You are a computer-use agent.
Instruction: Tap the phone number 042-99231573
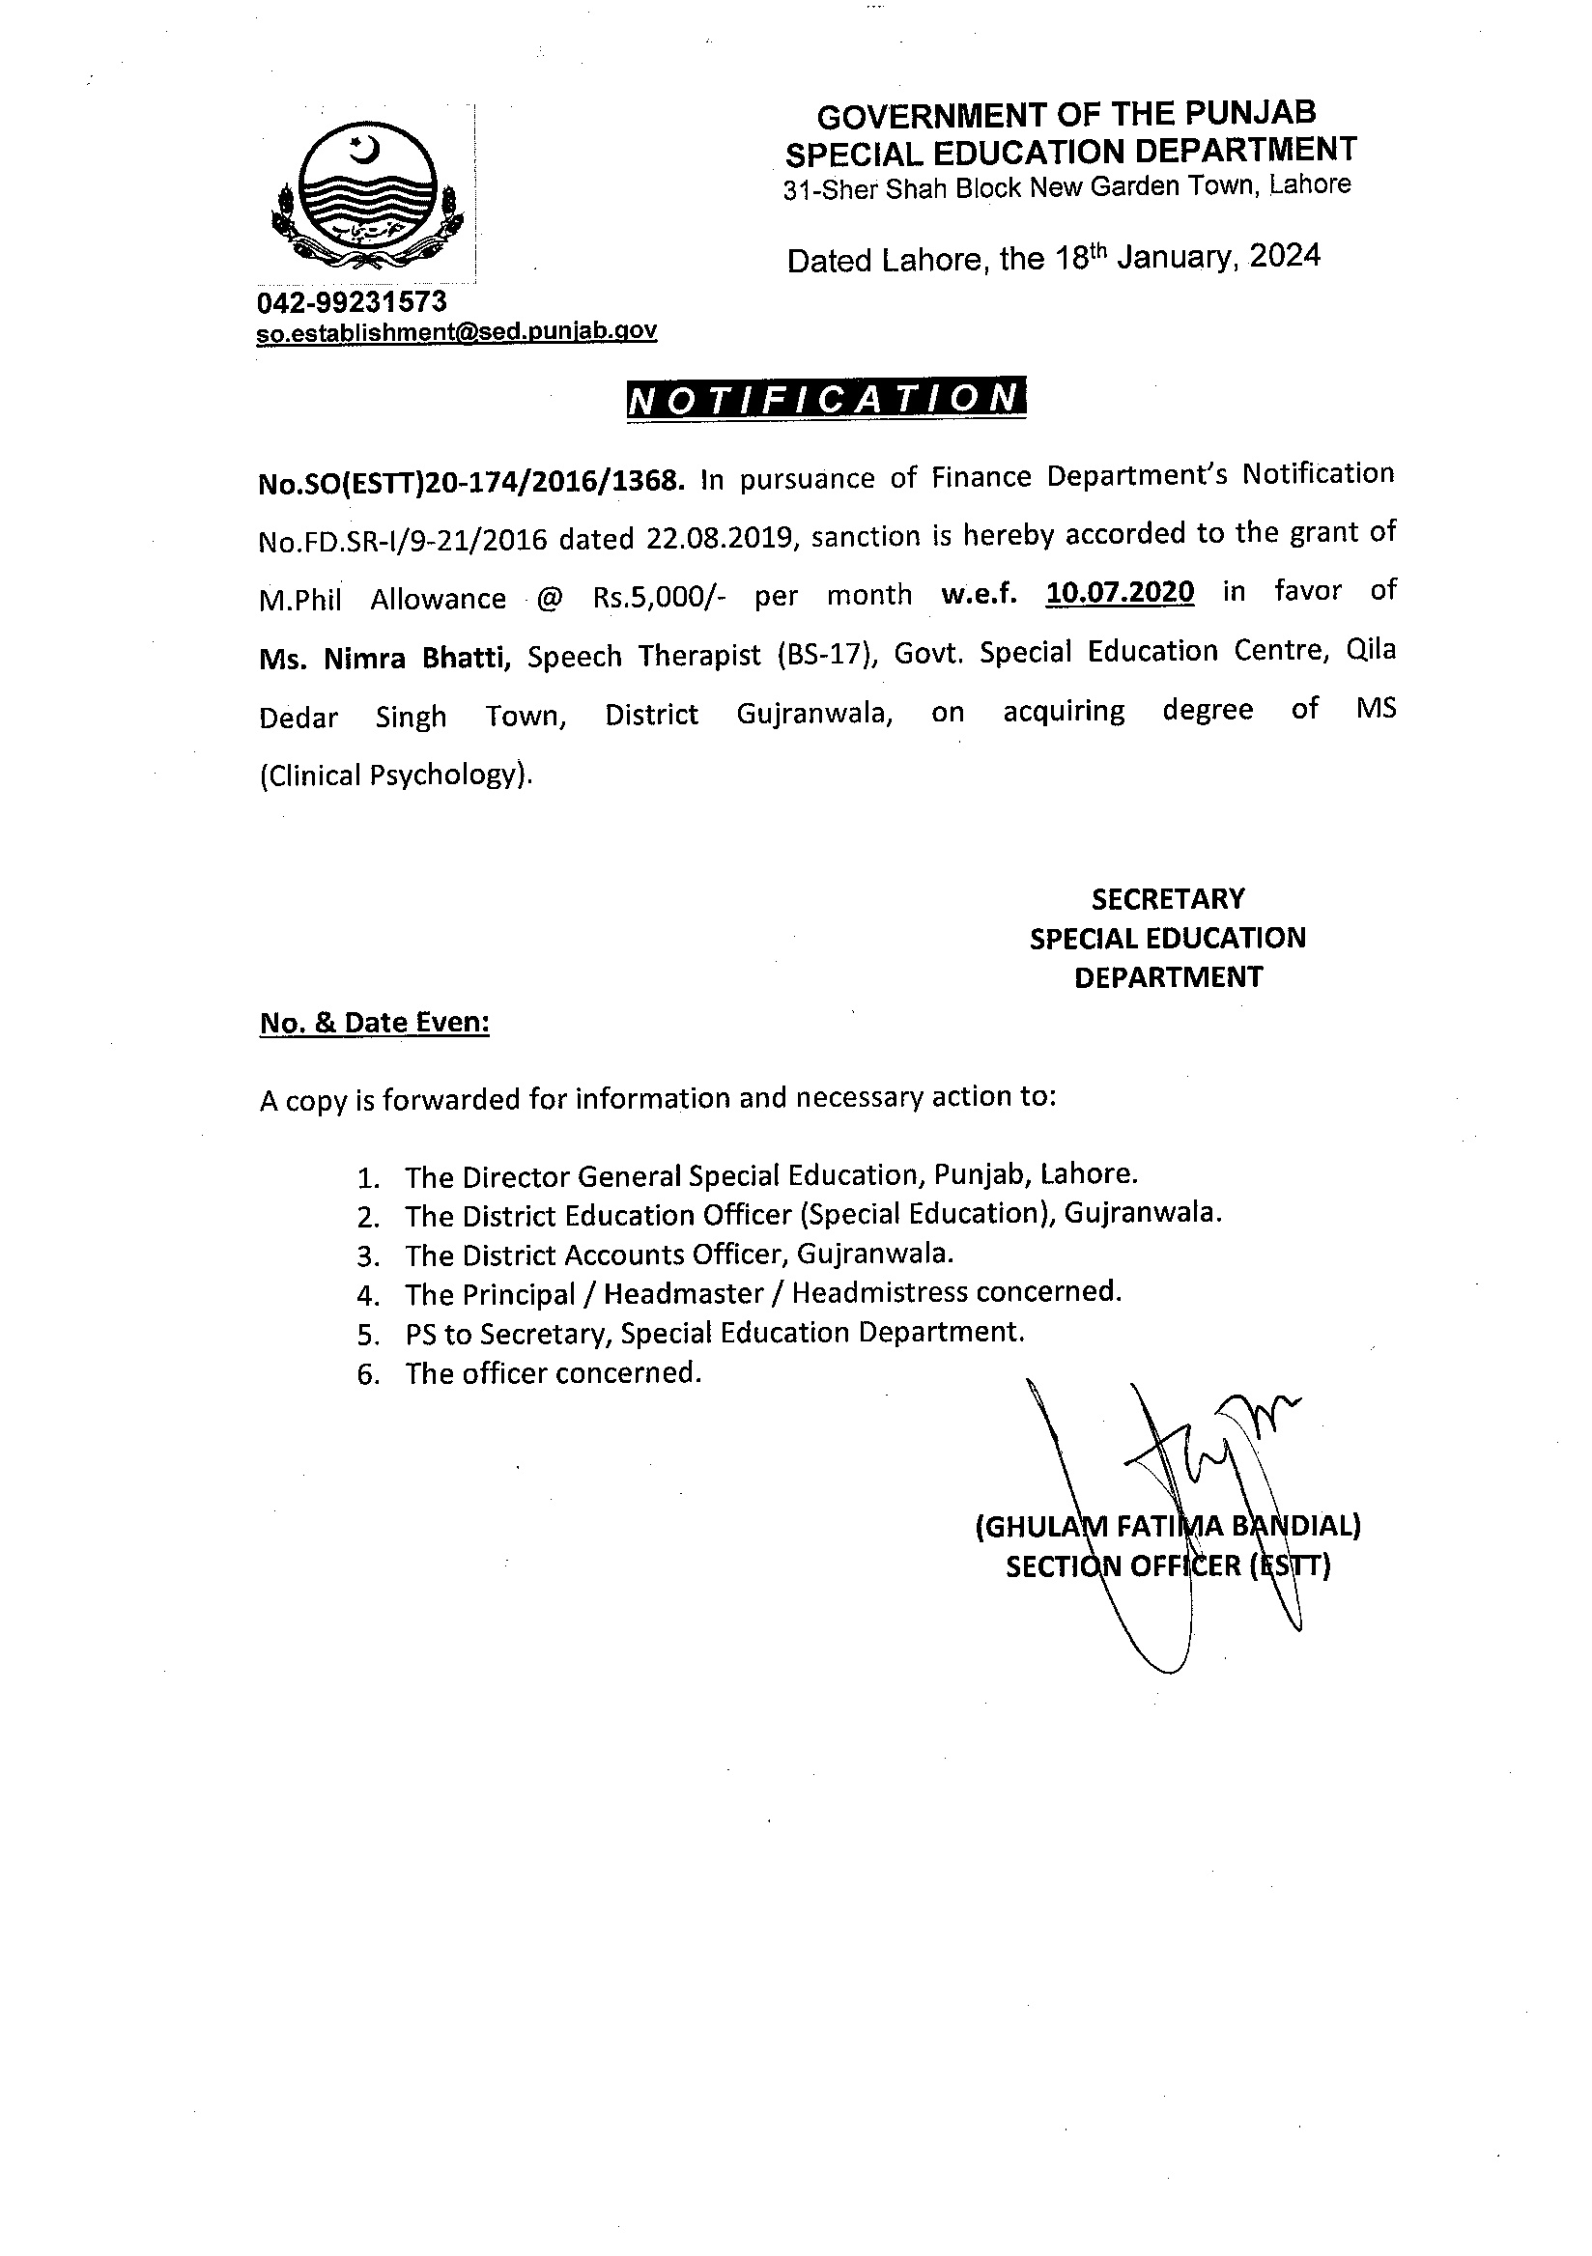tap(352, 300)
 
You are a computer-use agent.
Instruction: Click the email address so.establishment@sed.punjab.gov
tap(457, 331)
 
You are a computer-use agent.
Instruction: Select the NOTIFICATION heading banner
tap(826, 398)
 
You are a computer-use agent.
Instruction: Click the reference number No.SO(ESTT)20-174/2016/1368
tap(469, 482)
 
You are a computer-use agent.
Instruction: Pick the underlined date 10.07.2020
tap(1121, 593)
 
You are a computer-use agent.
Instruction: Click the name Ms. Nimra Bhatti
tap(384, 658)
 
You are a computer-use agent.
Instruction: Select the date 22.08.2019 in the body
tap(721, 538)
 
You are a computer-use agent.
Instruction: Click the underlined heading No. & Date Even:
tap(375, 1023)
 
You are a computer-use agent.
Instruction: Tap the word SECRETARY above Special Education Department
tap(1168, 899)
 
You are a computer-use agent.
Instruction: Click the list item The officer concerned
tap(554, 1372)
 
